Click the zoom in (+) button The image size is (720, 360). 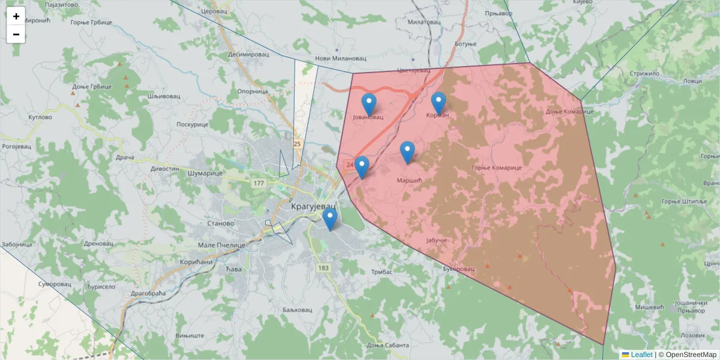coord(16,16)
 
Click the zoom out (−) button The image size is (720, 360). coord(16,34)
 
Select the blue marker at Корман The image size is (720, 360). coord(439,103)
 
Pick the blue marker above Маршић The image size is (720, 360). coord(407,152)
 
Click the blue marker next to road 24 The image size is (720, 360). coord(361,167)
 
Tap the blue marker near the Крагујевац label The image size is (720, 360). coord(329,220)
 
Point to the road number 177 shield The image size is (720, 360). coord(259,183)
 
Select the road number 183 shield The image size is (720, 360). coord(324,268)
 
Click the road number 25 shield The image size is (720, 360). coord(297,144)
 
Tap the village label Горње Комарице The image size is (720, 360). coord(496,168)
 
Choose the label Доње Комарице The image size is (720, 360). coord(569,112)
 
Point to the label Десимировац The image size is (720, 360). coord(248,54)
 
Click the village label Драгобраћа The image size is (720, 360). coord(146,293)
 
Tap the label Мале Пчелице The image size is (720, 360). coord(222,245)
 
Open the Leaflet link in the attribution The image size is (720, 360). coord(641,355)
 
